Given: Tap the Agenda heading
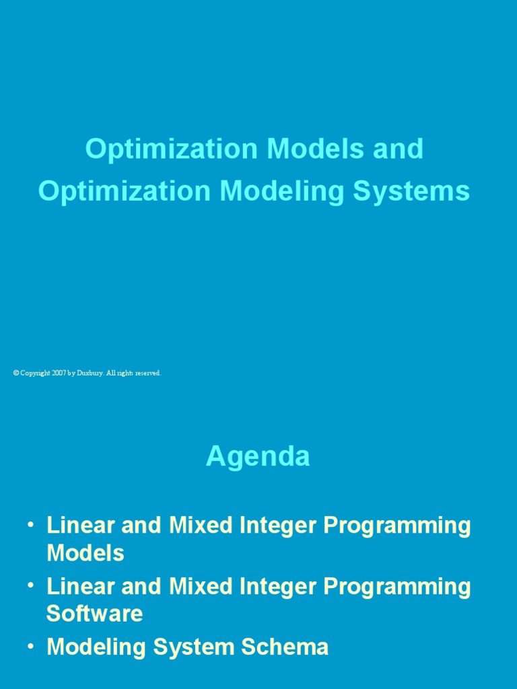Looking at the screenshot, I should click(258, 456).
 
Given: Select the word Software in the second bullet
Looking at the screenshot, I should click(94, 614).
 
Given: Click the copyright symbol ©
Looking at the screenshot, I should click(15, 373).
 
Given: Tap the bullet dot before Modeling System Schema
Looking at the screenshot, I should click(31, 646).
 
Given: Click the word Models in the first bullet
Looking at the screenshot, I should click(85, 553).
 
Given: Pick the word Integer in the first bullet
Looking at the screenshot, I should click(276, 525).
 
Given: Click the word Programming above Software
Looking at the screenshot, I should click(397, 587).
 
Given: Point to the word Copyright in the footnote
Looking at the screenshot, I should click(34, 373).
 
